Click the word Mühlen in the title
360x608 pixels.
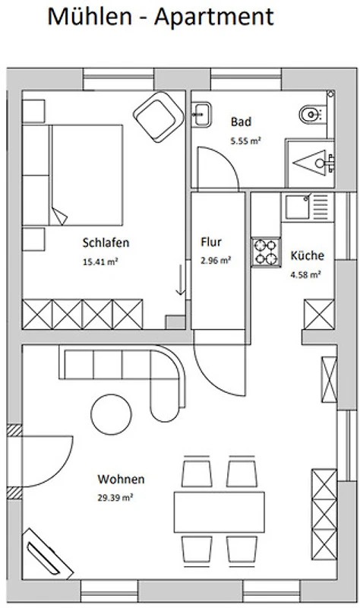pyautogui.click(x=90, y=17)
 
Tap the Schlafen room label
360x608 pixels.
pyautogui.click(x=106, y=242)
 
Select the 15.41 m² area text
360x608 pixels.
pyautogui.click(x=100, y=261)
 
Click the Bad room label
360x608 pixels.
pyautogui.click(x=241, y=122)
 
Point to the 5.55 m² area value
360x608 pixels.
pyautogui.click(x=245, y=141)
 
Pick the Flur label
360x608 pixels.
pyautogui.click(x=211, y=242)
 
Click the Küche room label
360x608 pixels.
pyautogui.click(x=308, y=255)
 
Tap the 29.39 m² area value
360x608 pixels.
pyautogui.click(x=115, y=498)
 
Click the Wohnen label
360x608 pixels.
pyautogui.click(x=121, y=480)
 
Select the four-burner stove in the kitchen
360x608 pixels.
pyautogui.click(x=267, y=252)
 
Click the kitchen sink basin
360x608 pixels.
pyautogui.click(x=298, y=207)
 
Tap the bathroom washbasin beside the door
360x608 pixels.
pyautogui.click(x=201, y=115)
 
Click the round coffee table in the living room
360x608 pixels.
pyautogui.click(x=111, y=414)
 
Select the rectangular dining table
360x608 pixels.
pyautogui.click(x=219, y=512)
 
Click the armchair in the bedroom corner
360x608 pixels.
pyautogui.click(x=158, y=116)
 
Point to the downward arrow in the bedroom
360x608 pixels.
pyautogui.click(x=180, y=280)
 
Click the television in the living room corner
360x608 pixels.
pyautogui.click(x=46, y=554)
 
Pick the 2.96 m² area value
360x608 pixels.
pyautogui.click(x=216, y=260)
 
